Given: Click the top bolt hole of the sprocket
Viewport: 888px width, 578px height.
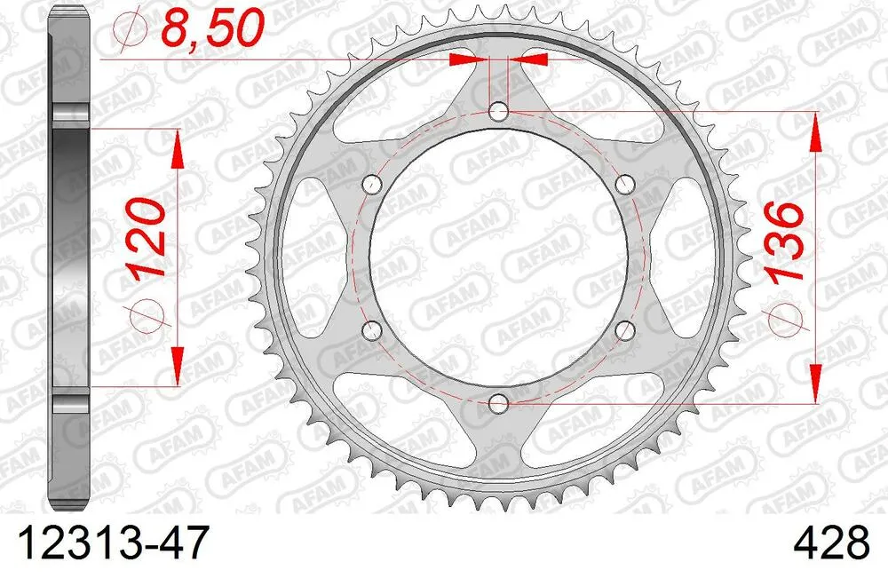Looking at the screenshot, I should coord(499,112).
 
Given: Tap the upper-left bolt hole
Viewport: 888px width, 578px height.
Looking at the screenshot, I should coord(372,185).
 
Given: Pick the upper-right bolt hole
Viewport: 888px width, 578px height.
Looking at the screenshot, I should coord(627,185).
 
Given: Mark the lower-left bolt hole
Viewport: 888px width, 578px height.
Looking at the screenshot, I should coord(372,331).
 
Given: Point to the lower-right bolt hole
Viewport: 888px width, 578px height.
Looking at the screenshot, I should coord(627,331).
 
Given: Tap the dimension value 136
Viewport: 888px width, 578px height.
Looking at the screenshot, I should coord(784,241).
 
